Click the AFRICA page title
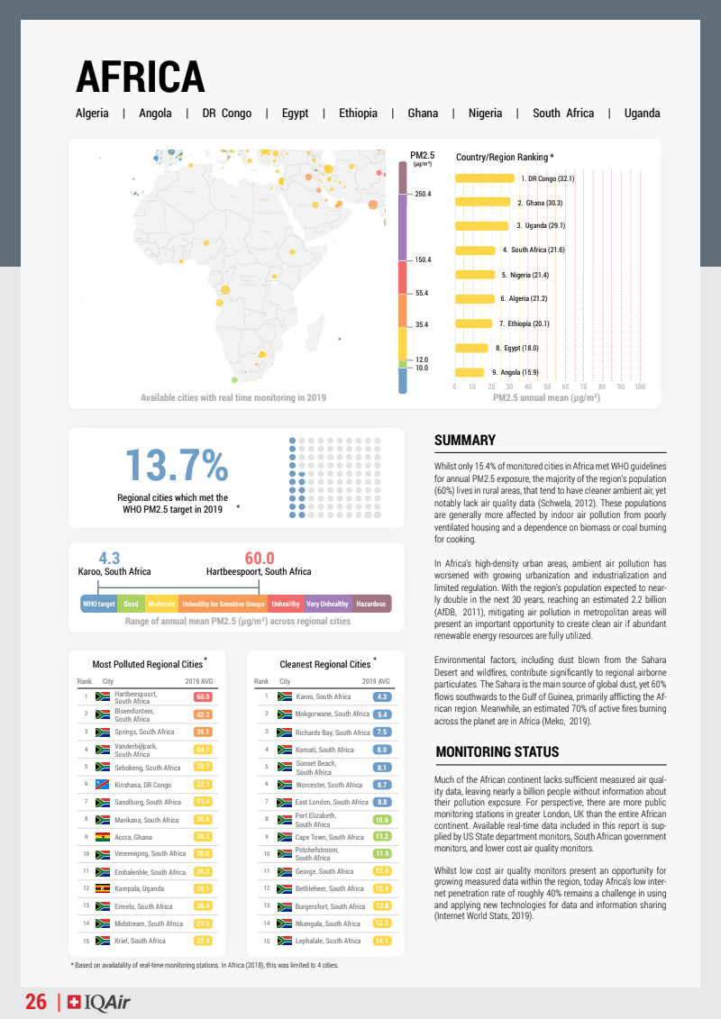point(140,76)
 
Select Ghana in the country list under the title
point(423,114)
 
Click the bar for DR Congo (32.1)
point(485,178)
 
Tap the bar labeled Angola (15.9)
point(470,372)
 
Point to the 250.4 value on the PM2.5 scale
point(422,194)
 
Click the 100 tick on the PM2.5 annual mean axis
point(640,387)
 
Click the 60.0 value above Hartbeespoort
point(259,559)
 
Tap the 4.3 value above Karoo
point(109,559)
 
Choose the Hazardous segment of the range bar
point(371,604)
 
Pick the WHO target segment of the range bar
point(99,604)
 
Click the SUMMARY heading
point(465,441)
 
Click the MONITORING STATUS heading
point(497,752)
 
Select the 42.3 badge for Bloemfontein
point(203,714)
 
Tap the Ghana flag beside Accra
point(103,837)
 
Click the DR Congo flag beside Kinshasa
point(103,785)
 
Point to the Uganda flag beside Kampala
point(103,889)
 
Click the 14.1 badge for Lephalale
point(381,941)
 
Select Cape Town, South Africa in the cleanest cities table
point(330,837)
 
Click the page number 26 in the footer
point(36,1002)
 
